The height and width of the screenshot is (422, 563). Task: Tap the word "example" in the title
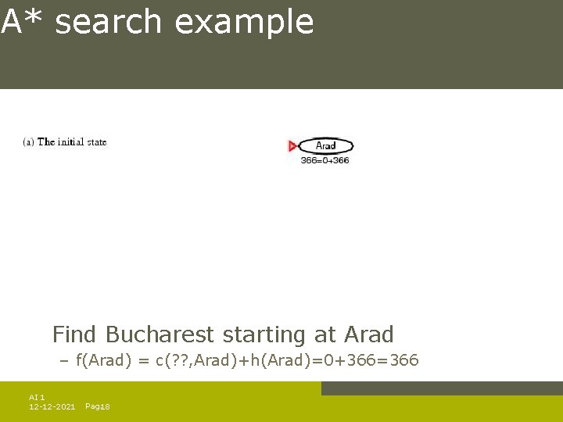pyautogui.click(x=244, y=23)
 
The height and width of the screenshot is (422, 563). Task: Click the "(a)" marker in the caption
pyautogui.click(x=28, y=142)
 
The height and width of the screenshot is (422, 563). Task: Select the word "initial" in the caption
pyautogui.click(x=73, y=142)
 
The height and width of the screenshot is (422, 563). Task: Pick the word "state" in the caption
pyautogui.click(x=98, y=142)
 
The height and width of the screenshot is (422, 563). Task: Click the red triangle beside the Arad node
pyautogui.click(x=292, y=146)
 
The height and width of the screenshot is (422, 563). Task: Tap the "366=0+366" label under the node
pyautogui.click(x=325, y=160)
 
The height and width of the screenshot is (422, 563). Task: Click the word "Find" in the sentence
pyautogui.click(x=74, y=334)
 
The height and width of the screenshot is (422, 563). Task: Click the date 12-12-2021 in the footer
pyautogui.click(x=52, y=406)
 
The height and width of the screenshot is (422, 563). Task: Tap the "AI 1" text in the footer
pyautogui.click(x=37, y=398)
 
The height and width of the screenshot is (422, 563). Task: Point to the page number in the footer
pyautogui.click(x=98, y=406)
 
